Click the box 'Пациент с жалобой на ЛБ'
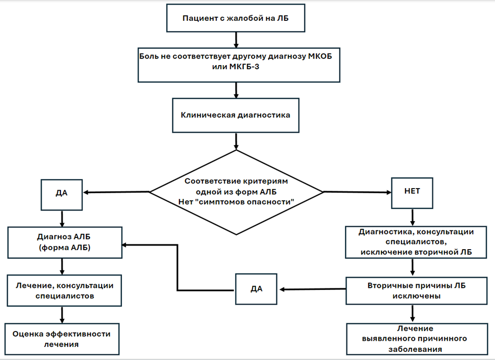click(235, 18)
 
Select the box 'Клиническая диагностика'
click(235, 115)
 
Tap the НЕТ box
click(412, 193)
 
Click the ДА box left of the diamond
click(61, 195)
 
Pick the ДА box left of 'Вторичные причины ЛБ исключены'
click(256, 289)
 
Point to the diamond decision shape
click(236, 192)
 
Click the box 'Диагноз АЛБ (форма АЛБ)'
click(65, 243)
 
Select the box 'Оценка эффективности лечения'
click(62, 339)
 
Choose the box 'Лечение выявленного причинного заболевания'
click(417, 339)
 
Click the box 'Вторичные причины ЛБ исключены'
click(417, 291)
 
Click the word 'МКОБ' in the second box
click(320, 56)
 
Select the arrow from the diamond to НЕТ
click(357, 192)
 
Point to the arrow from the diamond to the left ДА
click(116, 192)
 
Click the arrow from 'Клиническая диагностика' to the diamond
click(236, 141)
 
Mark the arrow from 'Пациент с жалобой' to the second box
click(236, 40)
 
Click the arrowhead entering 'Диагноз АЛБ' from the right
click(125, 245)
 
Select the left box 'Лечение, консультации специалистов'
click(65, 290)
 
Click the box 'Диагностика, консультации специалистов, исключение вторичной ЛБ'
click(416, 242)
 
